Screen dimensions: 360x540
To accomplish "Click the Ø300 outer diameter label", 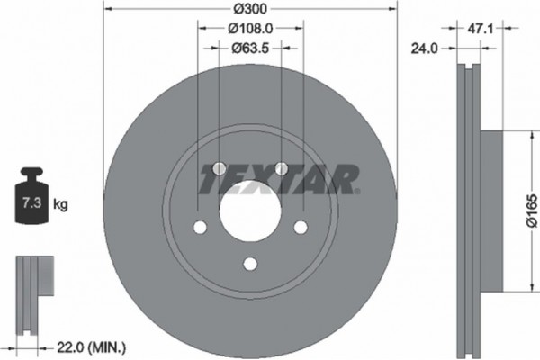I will [250, 9].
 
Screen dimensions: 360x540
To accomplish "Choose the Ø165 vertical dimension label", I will [531, 211].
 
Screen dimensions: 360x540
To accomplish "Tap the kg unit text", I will [61, 205].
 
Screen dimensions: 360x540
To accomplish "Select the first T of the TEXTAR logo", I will [213, 179].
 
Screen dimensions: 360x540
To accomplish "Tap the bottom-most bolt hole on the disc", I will [250, 264].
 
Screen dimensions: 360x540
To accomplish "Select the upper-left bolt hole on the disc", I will [220, 169].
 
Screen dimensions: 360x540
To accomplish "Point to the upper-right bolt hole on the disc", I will [281, 169].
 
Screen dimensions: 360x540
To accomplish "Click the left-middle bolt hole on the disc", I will [200, 227].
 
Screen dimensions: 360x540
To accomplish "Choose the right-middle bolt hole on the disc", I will [301, 227].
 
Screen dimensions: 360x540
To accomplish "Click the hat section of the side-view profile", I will [491, 211].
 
